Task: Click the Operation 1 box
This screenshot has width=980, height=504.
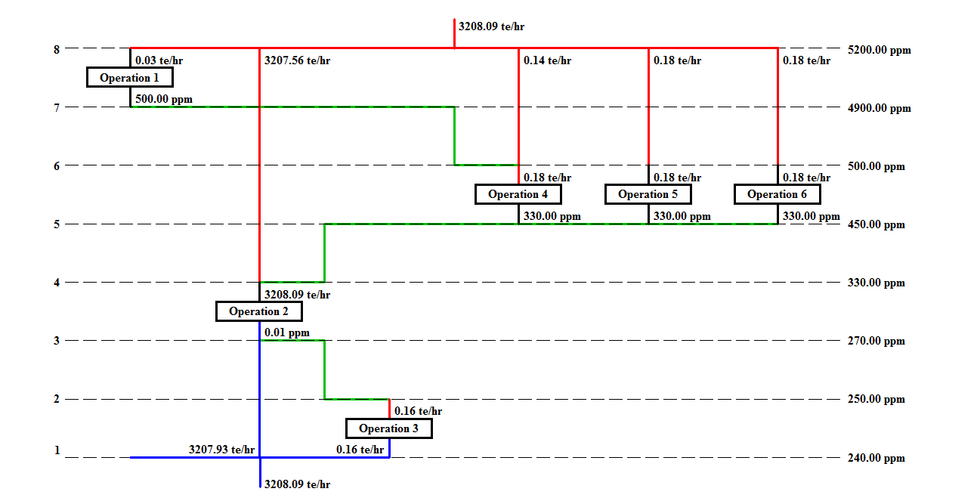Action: coord(130,77)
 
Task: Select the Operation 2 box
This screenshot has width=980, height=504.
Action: coord(259,311)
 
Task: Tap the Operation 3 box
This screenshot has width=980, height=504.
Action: coord(389,428)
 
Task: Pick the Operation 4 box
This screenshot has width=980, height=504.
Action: coord(518,194)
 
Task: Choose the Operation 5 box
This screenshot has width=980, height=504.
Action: coord(648,194)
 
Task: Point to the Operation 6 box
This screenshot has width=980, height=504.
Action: coord(777,194)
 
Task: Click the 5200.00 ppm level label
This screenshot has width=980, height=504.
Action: coord(880,51)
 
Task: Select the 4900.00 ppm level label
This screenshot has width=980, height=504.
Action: coord(880,108)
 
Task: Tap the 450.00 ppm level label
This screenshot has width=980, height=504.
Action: coord(876,225)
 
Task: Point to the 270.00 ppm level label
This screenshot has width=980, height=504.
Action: coord(876,341)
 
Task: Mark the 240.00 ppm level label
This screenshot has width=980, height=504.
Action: coord(876,458)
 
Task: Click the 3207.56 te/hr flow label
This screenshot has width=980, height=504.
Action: coord(297,61)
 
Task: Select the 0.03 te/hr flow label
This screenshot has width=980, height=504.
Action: coord(159,60)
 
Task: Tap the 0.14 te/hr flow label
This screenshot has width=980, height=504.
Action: coord(547,60)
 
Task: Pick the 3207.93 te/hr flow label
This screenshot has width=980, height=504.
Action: coord(221,450)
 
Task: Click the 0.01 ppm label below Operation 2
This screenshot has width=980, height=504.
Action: coord(287,332)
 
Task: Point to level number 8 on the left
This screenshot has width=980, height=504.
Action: coord(57,50)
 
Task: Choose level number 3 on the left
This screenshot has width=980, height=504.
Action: coord(57,341)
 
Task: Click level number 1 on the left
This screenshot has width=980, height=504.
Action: coord(57,450)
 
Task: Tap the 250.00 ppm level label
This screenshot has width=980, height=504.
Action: coord(876,399)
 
